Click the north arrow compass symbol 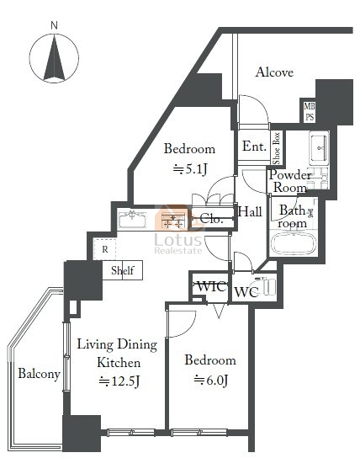click(x=54, y=58)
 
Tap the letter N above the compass click(x=54, y=25)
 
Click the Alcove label click(x=274, y=72)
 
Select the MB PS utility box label click(x=310, y=111)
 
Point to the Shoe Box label click(x=276, y=148)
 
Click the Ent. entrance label click(x=254, y=146)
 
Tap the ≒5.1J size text click(x=190, y=169)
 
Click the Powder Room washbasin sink click(x=319, y=147)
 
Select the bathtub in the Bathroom click(x=294, y=243)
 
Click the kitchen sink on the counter click(x=132, y=219)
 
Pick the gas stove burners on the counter click(x=173, y=221)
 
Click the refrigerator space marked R click(x=105, y=249)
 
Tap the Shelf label click(x=123, y=270)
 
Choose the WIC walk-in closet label click(x=211, y=286)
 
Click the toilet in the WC click(x=267, y=285)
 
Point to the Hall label click(x=250, y=211)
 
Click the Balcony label click(x=39, y=374)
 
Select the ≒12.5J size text click(x=119, y=381)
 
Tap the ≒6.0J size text click(x=211, y=381)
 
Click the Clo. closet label click(x=212, y=219)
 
